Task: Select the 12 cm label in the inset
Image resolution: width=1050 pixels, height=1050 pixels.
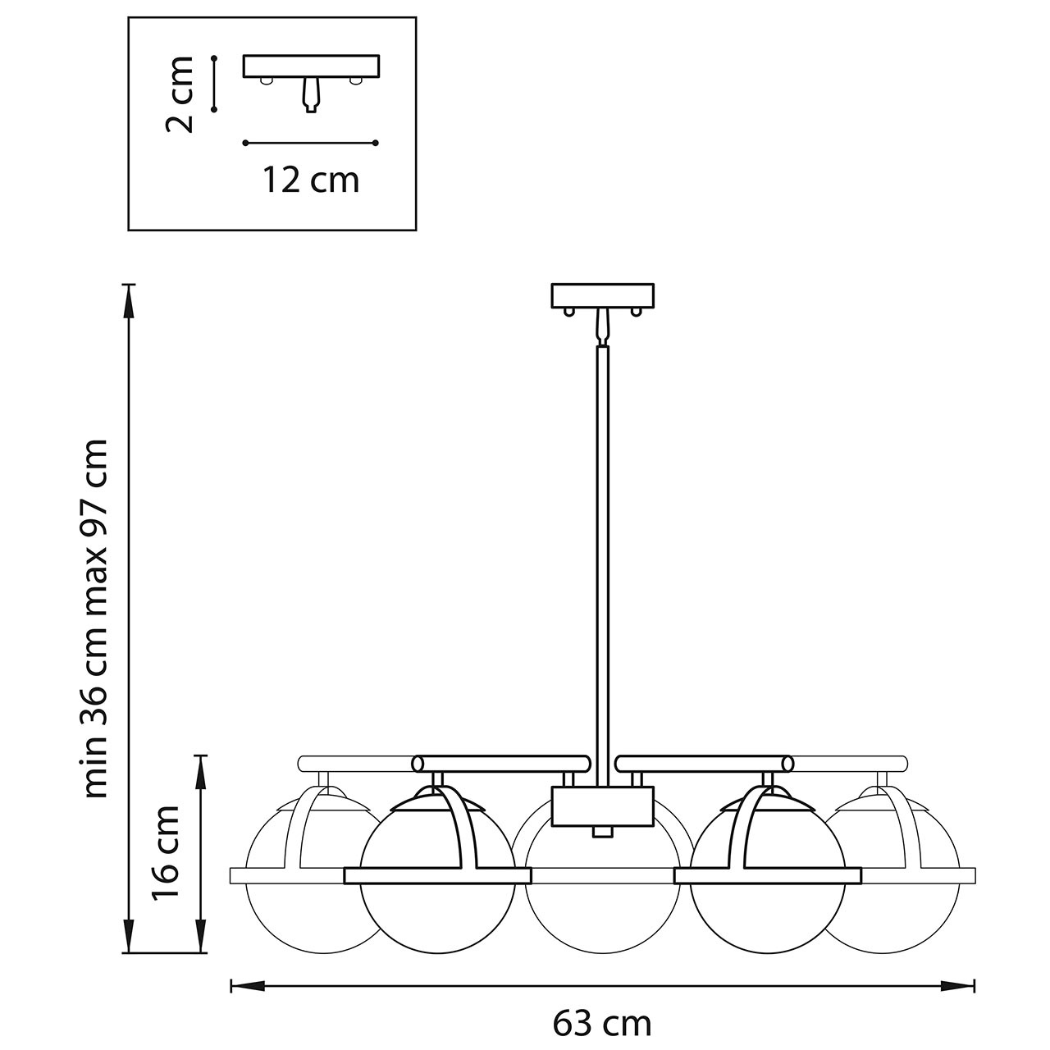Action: [x=311, y=179]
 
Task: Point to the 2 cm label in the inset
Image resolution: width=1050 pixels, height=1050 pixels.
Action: [x=179, y=94]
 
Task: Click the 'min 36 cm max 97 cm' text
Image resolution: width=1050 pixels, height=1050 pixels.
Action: [x=96, y=619]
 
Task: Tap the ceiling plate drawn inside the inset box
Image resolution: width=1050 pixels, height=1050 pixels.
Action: [x=312, y=66]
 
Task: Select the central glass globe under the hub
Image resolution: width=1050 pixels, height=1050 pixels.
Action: [x=603, y=902]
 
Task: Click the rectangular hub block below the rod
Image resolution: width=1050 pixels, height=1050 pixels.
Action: [x=603, y=806]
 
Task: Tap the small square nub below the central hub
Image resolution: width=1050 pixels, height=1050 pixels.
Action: [x=603, y=832]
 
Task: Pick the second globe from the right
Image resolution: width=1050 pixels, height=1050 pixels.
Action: [x=768, y=911]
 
